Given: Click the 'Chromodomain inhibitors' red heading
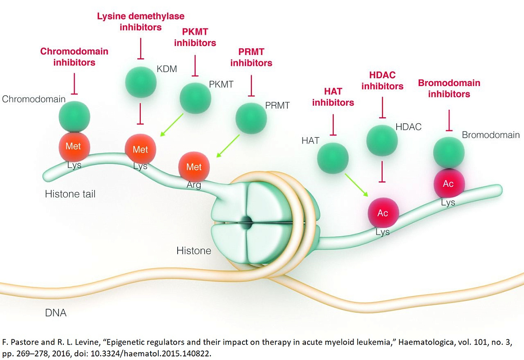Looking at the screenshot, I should point(74,57).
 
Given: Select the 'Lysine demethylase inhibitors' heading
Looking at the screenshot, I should point(140,22).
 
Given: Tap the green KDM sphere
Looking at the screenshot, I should point(140,82).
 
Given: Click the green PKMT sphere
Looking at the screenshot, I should point(195,97).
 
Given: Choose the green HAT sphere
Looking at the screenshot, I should point(333,157).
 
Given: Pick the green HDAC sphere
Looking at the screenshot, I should point(382,140).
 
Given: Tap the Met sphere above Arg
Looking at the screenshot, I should point(194,167).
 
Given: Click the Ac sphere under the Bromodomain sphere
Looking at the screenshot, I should point(448,184).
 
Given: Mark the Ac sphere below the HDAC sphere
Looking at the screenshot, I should point(382,213).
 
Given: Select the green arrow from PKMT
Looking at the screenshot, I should point(172,124).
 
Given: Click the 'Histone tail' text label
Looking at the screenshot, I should point(70,194).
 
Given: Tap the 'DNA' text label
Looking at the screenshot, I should point(56,312).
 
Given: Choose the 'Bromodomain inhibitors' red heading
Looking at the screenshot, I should point(449,88).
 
